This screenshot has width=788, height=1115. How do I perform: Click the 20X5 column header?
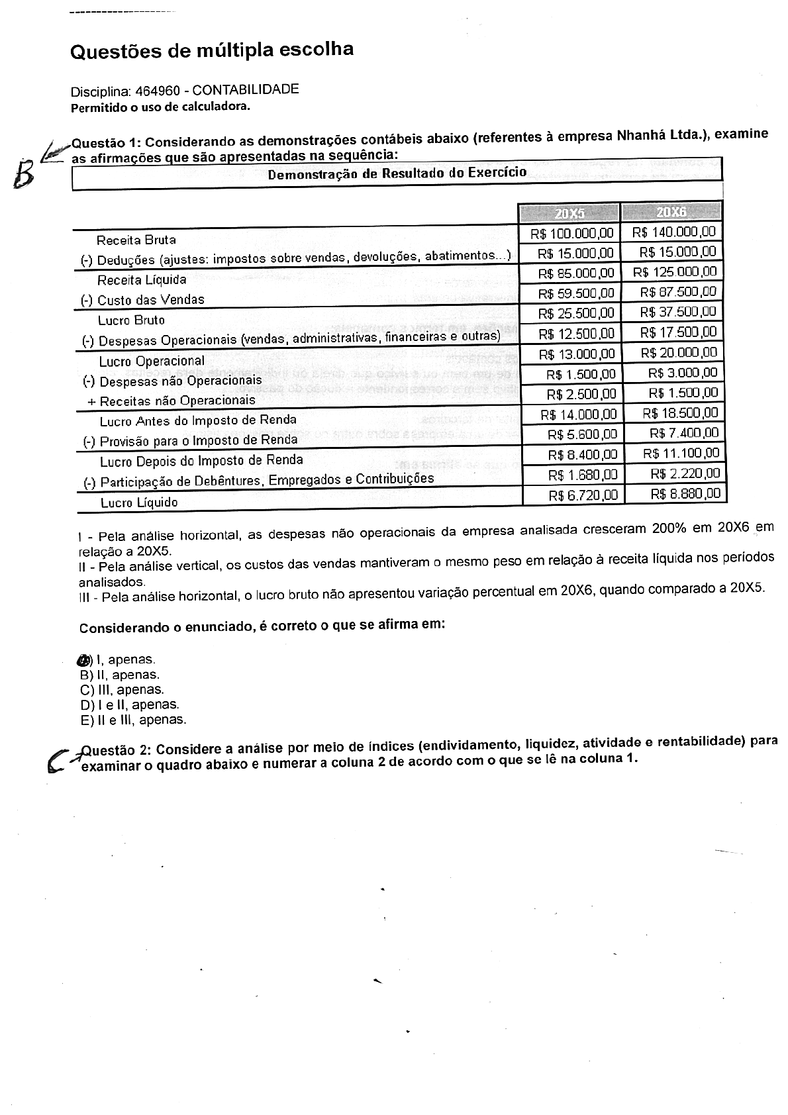(x=569, y=213)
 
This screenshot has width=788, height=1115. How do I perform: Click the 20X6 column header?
(x=671, y=212)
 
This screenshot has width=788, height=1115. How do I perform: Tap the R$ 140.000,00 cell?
(x=674, y=232)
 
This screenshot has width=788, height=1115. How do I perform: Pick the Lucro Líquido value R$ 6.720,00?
(x=583, y=495)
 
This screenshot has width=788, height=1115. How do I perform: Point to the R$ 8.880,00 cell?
(x=685, y=493)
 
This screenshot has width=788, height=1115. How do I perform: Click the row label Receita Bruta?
(x=136, y=240)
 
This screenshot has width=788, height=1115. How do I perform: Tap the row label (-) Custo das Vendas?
(x=142, y=300)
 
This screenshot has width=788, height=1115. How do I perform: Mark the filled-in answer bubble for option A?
(x=83, y=659)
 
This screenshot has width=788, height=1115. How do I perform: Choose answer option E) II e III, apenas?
(x=133, y=720)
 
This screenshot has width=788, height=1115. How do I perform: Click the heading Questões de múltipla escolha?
(x=212, y=50)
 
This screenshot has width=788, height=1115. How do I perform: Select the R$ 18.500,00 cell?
(x=680, y=413)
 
